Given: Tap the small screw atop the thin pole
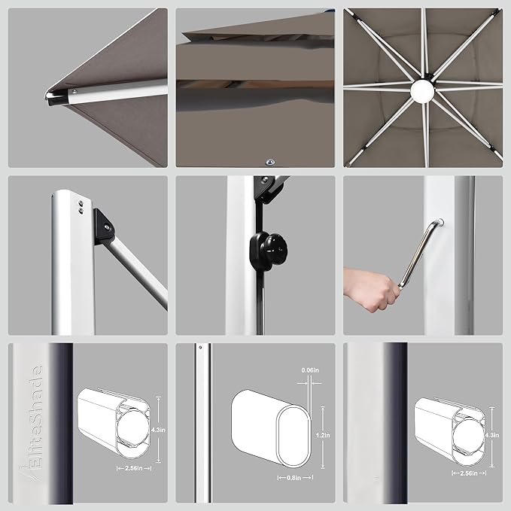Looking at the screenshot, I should click(x=201, y=348).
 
